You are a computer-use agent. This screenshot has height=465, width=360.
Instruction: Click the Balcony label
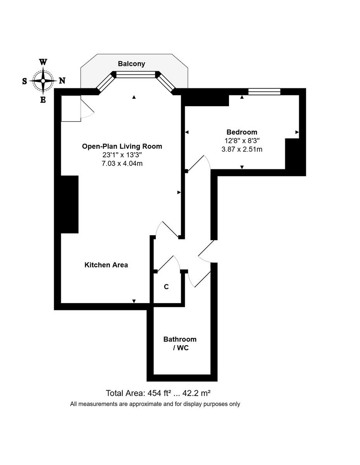132,64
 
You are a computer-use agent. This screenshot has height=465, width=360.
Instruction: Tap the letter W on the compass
43,62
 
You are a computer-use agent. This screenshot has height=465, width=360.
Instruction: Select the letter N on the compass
62,81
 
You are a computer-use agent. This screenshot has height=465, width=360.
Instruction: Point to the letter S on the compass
24,81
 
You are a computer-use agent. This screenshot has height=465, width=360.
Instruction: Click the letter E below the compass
43,100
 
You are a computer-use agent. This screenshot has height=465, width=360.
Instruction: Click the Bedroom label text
242,132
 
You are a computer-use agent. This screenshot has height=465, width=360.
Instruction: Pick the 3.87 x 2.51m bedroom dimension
242,149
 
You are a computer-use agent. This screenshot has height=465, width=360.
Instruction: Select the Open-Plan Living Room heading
122,146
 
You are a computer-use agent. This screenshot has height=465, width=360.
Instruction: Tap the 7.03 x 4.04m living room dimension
122,164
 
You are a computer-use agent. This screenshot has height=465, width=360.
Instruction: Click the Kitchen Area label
106,265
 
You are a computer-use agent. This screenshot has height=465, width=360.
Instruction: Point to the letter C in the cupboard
166,287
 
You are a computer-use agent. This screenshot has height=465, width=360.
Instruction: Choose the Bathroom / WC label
180,343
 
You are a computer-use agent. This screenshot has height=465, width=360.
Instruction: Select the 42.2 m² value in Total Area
199,393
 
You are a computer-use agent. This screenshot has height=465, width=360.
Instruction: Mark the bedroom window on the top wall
264,91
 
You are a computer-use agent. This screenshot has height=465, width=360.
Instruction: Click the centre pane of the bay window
136,74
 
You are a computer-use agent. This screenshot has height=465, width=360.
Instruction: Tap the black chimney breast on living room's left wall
70,204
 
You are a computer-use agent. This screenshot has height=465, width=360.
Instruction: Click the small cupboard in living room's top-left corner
71,108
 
